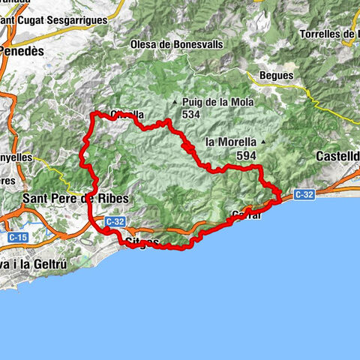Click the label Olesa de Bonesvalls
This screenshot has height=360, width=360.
click(176, 45)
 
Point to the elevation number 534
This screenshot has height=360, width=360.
click(190, 114)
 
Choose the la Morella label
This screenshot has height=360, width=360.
click(231, 141)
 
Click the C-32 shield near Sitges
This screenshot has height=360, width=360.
click(114, 222)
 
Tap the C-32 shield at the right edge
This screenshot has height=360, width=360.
click(304, 194)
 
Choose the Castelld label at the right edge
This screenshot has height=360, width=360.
click(338, 156)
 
